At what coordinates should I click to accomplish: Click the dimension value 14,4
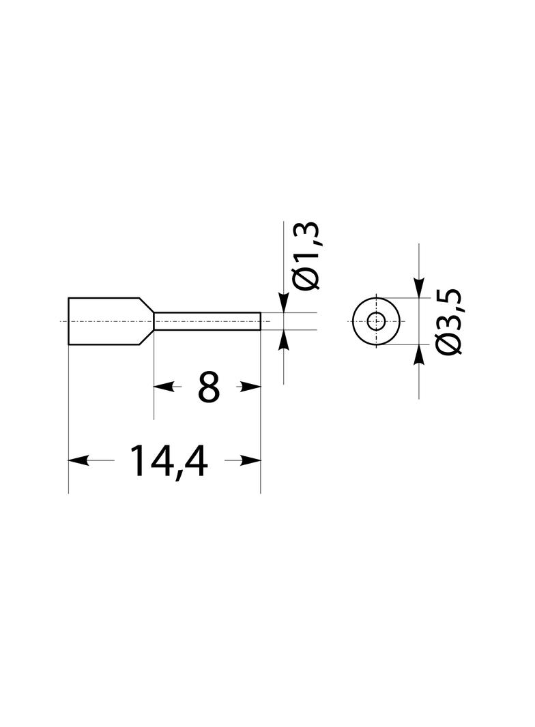(x=168, y=461)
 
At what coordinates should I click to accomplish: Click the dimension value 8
(x=208, y=387)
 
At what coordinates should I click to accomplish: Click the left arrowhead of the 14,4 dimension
(x=78, y=460)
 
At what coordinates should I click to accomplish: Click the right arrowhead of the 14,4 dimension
(x=250, y=460)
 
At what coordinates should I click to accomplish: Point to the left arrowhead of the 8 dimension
(x=164, y=386)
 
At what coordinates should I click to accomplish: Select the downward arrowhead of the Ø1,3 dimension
(x=283, y=302)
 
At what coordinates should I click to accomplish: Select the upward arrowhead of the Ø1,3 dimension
(x=283, y=340)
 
